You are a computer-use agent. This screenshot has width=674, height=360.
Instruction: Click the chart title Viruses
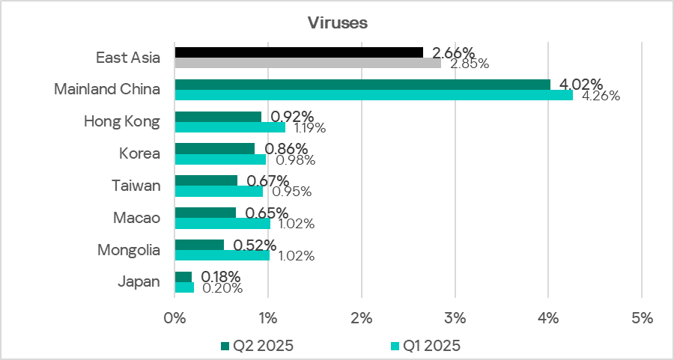click(x=337, y=23)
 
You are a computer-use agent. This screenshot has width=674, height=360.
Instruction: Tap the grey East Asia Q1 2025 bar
click(x=307, y=63)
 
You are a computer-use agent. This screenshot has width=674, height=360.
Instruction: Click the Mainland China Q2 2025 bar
click(x=362, y=85)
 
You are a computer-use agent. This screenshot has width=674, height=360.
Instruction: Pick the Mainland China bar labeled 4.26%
click(x=373, y=95)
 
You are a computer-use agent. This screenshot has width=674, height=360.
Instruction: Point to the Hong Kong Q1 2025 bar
click(x=229, y=127)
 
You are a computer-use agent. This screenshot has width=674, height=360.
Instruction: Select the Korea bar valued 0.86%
click(x=214, y=148)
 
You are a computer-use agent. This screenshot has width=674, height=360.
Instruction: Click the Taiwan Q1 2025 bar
click(x=219, y=191)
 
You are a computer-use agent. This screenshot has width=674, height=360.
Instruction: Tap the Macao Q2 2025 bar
click(x=204, y=213)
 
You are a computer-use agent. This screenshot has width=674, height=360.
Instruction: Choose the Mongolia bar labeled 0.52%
click(x=198, y=245)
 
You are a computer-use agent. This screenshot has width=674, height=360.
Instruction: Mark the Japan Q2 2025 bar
click(x=183, y=277)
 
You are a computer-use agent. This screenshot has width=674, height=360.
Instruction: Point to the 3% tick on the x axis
click(x=455, y=317)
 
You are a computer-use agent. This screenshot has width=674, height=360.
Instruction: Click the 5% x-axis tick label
click(x=642, y=317)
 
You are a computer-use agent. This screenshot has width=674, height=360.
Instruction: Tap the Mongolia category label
click(x=129, y=250)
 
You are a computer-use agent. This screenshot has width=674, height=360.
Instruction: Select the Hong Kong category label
click(x=121, y=121)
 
